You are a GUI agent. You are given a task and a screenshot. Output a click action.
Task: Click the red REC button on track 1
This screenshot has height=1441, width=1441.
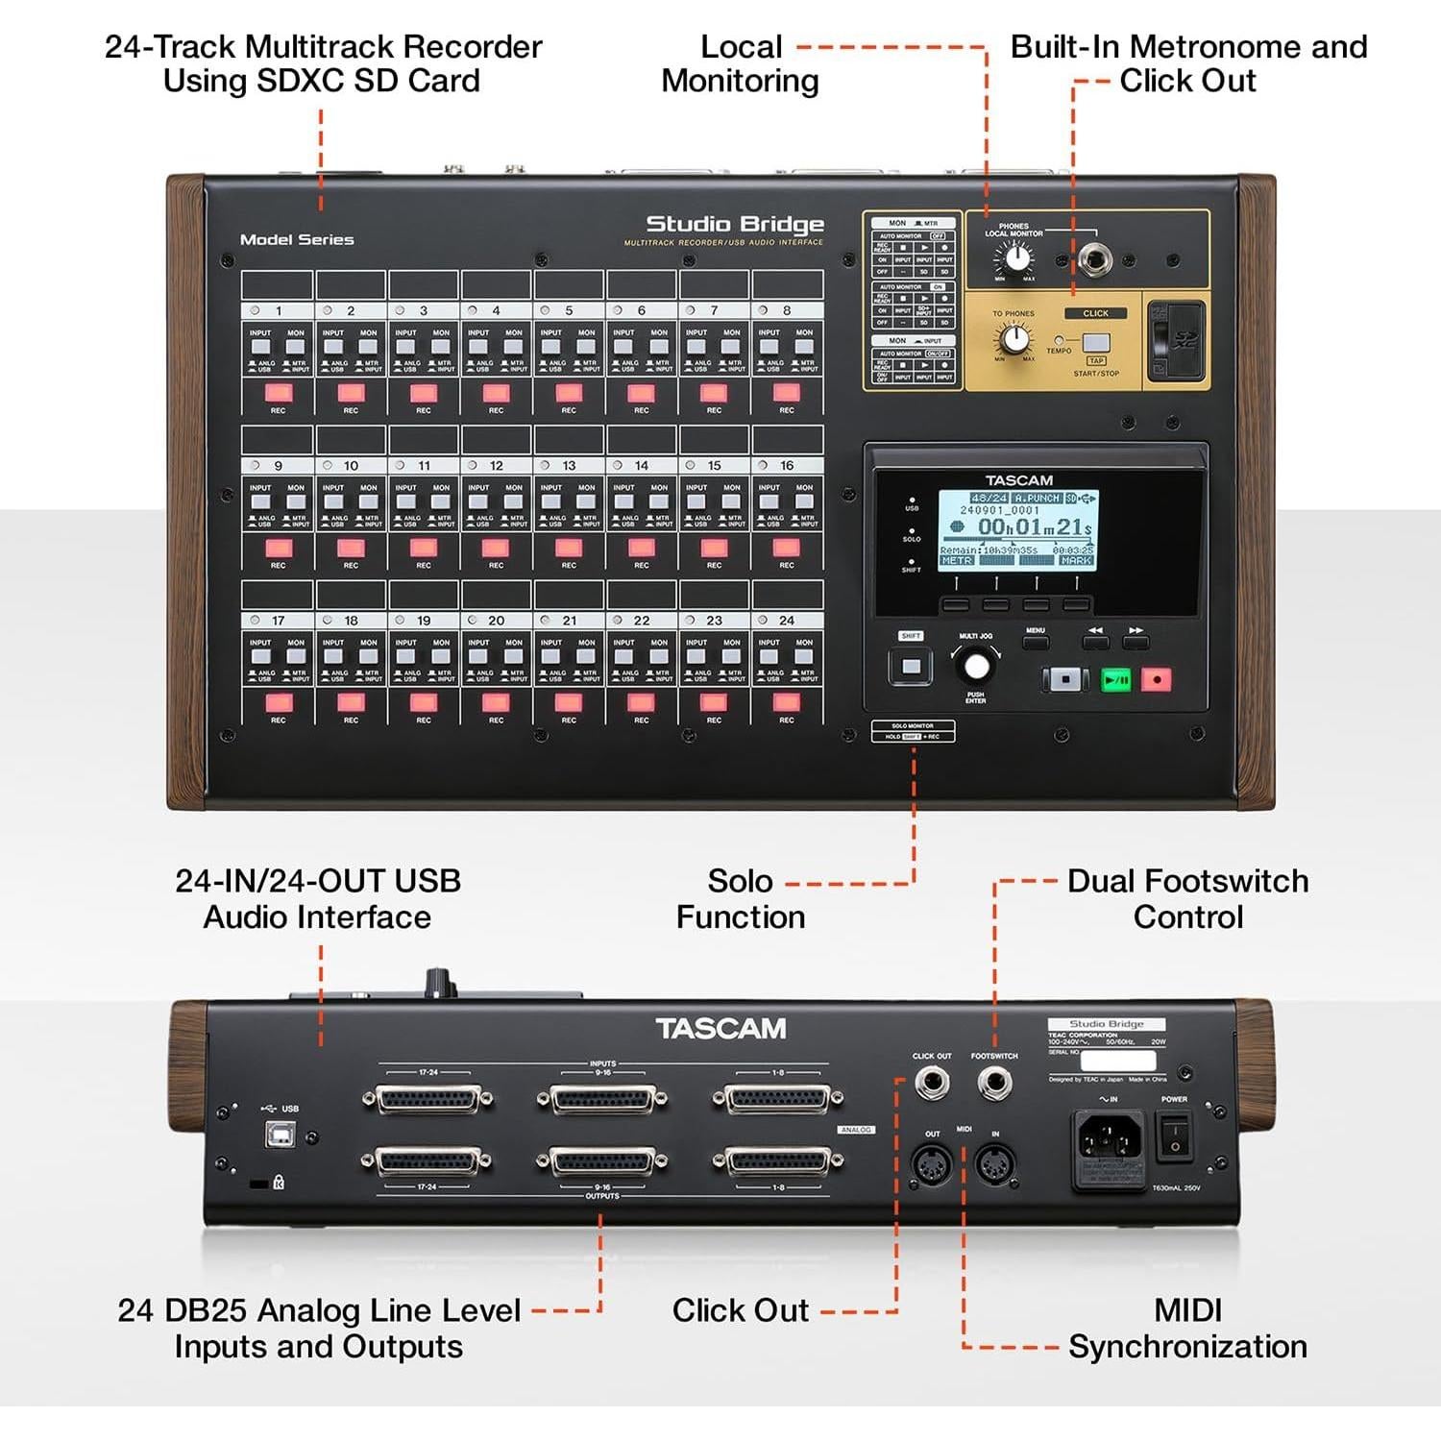(x=279, y=392)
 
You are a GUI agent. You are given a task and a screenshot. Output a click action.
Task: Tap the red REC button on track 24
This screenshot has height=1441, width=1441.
(x=787, y=702)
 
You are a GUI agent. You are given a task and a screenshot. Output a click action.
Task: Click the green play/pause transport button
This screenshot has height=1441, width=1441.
(x=1115, y=680)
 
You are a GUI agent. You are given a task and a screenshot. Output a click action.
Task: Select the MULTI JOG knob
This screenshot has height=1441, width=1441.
(x=975, y=666)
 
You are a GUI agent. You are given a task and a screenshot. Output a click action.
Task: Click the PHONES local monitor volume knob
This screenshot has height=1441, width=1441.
(x=1014, y=257)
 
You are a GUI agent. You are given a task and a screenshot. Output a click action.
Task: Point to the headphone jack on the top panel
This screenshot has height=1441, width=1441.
(x=1093, y=258)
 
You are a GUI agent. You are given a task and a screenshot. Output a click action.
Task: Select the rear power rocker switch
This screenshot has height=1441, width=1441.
(x=1173, y=1136)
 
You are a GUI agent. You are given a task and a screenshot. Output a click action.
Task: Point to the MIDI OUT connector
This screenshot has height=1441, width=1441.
(x=931, y=1165)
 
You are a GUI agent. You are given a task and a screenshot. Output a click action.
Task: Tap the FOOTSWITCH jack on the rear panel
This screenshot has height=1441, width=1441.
(x=994, y=1085)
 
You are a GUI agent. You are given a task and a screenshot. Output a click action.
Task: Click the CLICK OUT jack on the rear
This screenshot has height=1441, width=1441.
(x=931, y=1085)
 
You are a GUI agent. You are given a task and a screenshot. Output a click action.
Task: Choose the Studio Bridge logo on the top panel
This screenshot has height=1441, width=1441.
(x=735, y=225)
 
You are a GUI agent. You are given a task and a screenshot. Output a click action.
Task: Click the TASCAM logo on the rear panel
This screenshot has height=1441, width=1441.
(x=720, y=1029)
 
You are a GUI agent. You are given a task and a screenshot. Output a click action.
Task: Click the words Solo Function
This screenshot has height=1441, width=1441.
(x=740, y=898)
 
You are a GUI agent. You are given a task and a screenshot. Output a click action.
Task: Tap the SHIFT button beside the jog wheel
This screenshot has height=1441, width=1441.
(x=911, y=666)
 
